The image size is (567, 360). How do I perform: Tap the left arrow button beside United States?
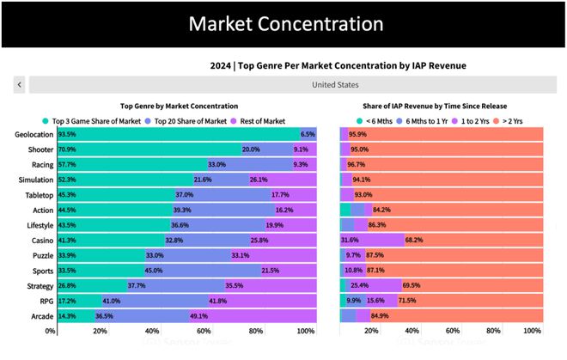click(20, 84)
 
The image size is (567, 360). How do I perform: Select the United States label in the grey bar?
click(335, 84)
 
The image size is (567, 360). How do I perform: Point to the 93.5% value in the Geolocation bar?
click(66, 135)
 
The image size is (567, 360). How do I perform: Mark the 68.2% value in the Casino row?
click(414, 241)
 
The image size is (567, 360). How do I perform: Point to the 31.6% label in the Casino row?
click(350, 241)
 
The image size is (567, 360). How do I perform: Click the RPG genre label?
click(46, 301)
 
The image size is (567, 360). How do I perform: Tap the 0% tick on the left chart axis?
click(52, 331)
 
